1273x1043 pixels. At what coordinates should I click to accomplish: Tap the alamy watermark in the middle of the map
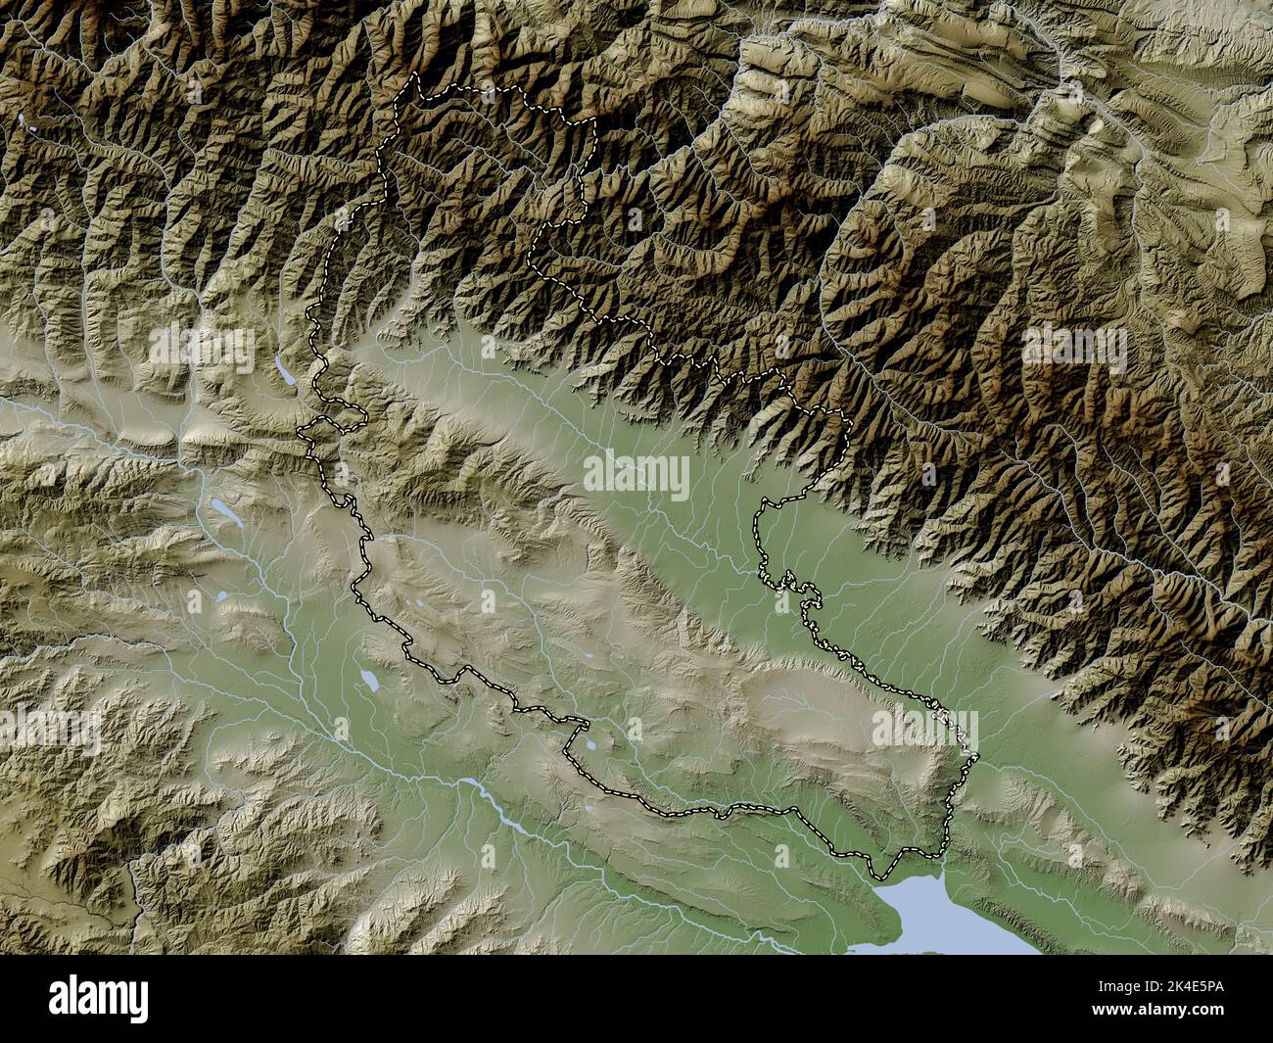[636, 475]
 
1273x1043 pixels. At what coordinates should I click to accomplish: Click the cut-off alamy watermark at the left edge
[49, 730]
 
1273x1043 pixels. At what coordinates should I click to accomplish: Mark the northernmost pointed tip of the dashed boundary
[415, 73]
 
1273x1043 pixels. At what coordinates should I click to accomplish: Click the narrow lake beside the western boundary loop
[284, 370]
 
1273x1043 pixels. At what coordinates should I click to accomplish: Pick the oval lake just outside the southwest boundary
[369, 680]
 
